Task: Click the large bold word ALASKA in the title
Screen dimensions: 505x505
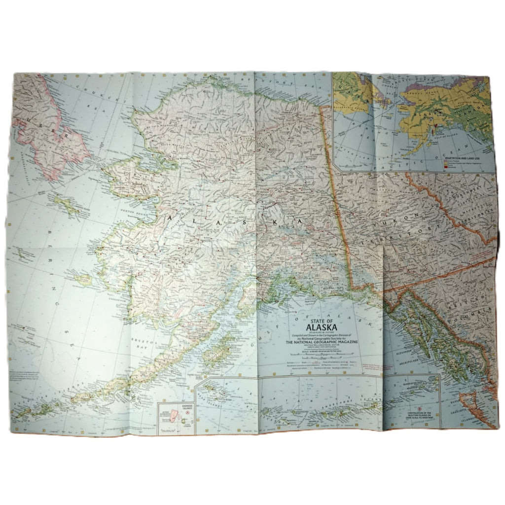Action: click(322, 326)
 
